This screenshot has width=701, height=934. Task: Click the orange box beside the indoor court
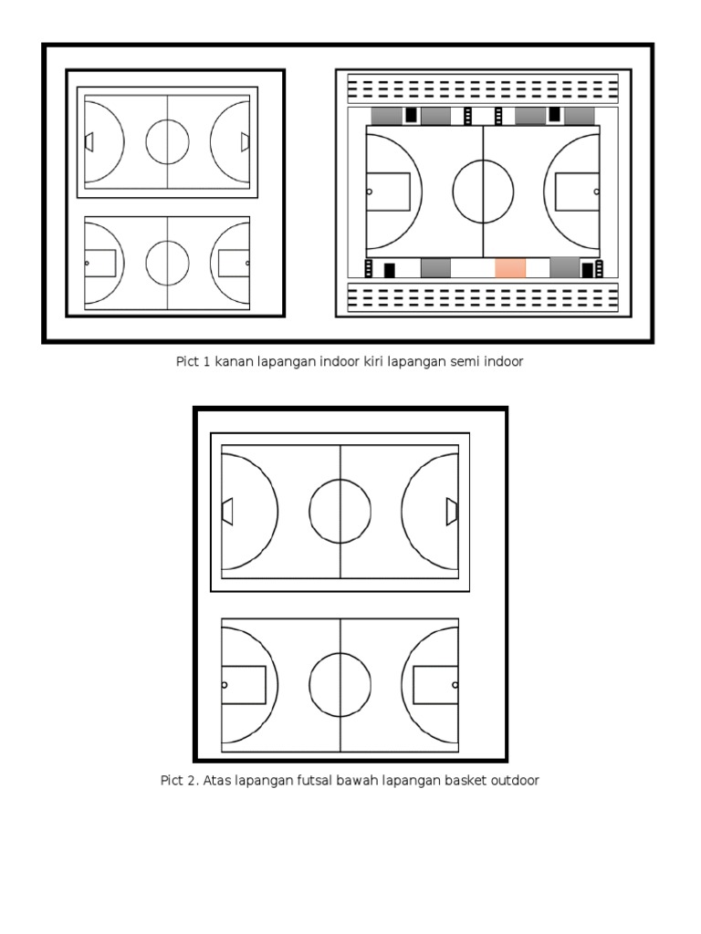click(x=510, y=268)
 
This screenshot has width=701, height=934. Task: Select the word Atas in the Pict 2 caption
click(x=215, y=781)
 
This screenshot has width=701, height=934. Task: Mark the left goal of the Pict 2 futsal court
click(x=227, y=512)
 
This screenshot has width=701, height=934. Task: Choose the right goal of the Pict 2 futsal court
click(x=453, y=512)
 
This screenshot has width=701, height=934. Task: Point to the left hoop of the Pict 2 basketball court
click(x=225, y=685)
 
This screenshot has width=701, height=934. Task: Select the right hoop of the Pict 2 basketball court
click(x=455, y=685)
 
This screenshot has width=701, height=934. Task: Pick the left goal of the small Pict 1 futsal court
click(x=89, y=142)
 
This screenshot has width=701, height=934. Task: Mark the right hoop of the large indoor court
click(x=597, y=192)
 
